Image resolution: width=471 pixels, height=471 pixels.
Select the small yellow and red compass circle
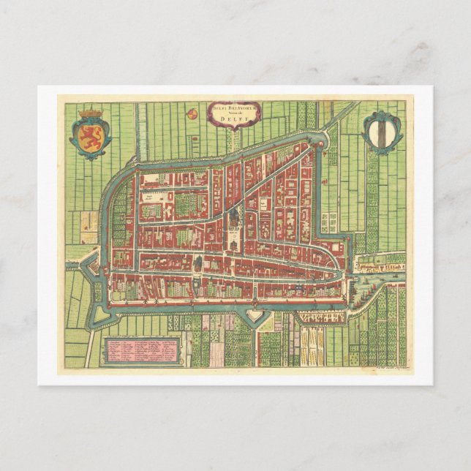192,113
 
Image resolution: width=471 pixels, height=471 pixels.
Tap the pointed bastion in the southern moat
254,315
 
